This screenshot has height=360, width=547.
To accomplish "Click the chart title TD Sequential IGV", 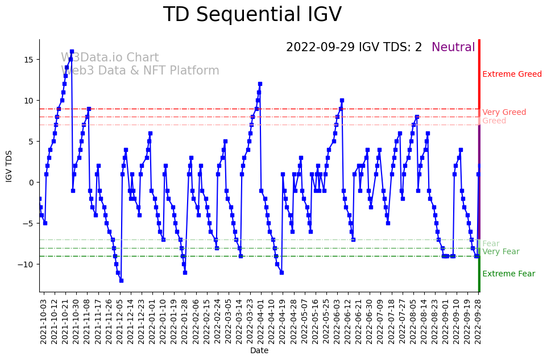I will click(252, 15).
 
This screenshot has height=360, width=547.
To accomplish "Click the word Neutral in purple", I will click(453, 47).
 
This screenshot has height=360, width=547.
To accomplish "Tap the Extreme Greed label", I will click(512, 75).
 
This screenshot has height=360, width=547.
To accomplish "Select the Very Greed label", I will click(504, 113).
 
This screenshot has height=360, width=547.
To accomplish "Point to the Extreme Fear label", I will click(508, 274).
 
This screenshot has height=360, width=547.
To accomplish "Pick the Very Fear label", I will click(500, 252).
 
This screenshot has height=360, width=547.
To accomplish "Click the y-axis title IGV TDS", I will click(9, 166).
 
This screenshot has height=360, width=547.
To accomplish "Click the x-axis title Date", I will click(259, 351).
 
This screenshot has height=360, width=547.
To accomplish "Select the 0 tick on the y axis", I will click(32, 183).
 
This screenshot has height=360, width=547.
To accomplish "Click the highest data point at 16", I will click(72, 51).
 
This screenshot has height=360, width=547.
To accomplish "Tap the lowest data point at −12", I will click(121, 280).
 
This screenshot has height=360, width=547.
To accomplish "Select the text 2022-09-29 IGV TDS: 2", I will click(354, 47).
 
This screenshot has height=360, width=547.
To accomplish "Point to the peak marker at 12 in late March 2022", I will click(260, 84).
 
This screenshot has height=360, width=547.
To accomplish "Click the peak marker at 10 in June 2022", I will click(342, 101).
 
